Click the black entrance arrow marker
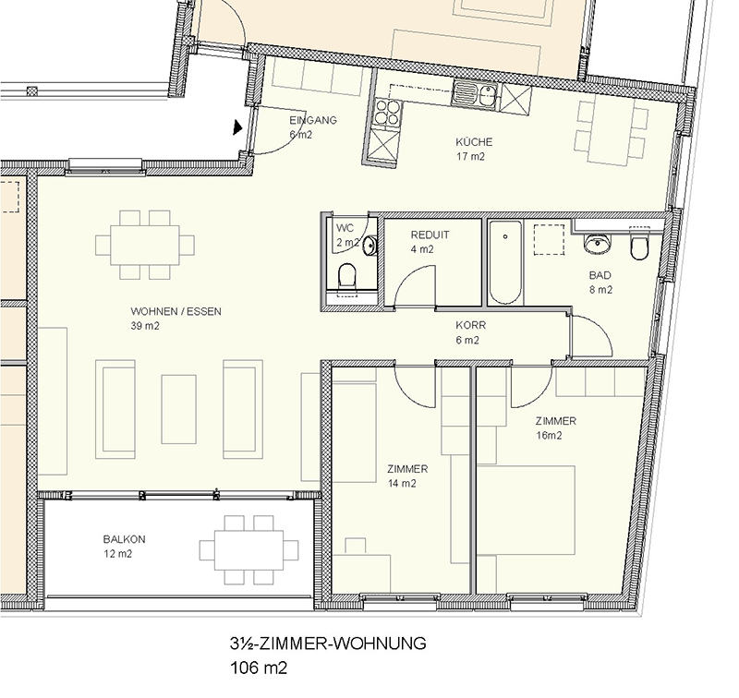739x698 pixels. click(x=237, y=127)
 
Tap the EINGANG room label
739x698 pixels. click(x=313, y=120)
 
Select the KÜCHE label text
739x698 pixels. click(x=474, y=142)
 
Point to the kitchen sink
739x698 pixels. click(x=475, y=92)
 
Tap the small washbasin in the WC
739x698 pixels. click(x=371, y=245)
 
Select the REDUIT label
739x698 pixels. click(x=430, y=235)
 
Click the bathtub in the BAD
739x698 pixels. click(x=505, y=262)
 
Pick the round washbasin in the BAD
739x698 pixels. click(x=598, y=244)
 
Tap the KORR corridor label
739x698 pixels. click(x=470, y=325)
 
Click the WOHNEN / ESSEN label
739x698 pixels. click(x=176, y=311)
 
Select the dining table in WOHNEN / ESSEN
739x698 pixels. click(x=145, y=246)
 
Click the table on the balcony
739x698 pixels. click(x=248, y=550)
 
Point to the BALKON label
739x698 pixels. click(x=125, y=539)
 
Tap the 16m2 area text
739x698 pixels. click(x=549, y=436)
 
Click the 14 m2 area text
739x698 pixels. click(x=402, y=483)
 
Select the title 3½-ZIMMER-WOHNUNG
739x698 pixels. click(x=328, y=644)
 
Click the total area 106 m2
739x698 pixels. click(x=259, y=668)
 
